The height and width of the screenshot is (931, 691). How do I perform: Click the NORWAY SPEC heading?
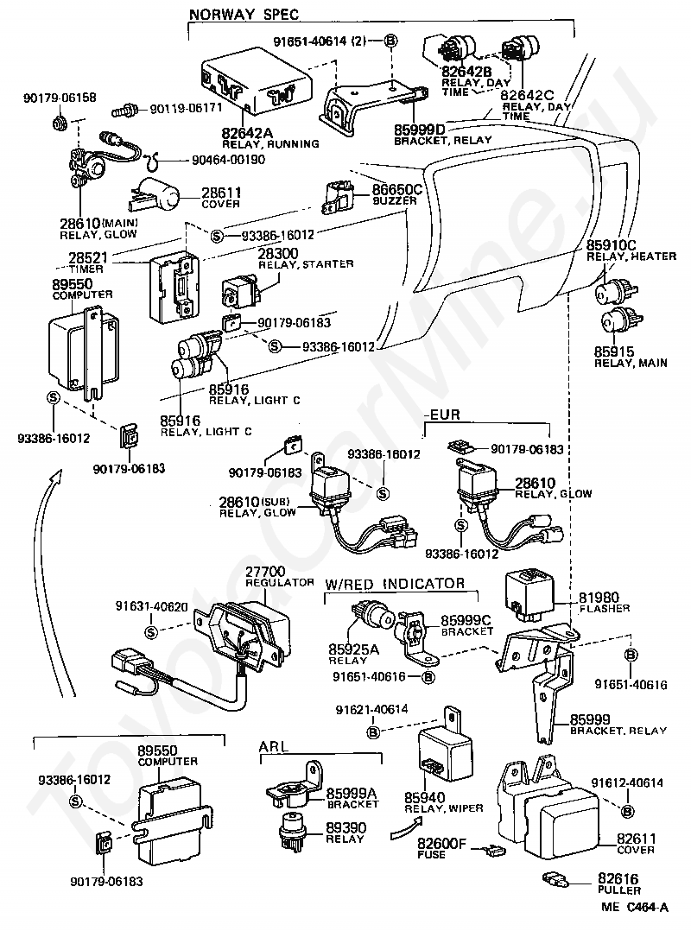click(244, 14)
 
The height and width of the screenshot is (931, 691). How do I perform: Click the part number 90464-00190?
click(229, 160)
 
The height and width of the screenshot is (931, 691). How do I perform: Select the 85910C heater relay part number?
click(612, 244)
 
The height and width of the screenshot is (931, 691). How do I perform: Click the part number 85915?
click(614, 351)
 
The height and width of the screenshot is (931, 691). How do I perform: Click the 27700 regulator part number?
click(265, 571)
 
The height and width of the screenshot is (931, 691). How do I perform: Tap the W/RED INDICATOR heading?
click(395, 584)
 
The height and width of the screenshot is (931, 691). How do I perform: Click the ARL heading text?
click(274, 746)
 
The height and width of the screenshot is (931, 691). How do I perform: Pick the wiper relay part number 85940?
click(424, 797)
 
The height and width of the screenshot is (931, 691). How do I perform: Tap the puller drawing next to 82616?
click(555, 879)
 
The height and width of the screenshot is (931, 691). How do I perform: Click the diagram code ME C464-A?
click(635, 907)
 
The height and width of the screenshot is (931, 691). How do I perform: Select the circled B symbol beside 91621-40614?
click(373, 732)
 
